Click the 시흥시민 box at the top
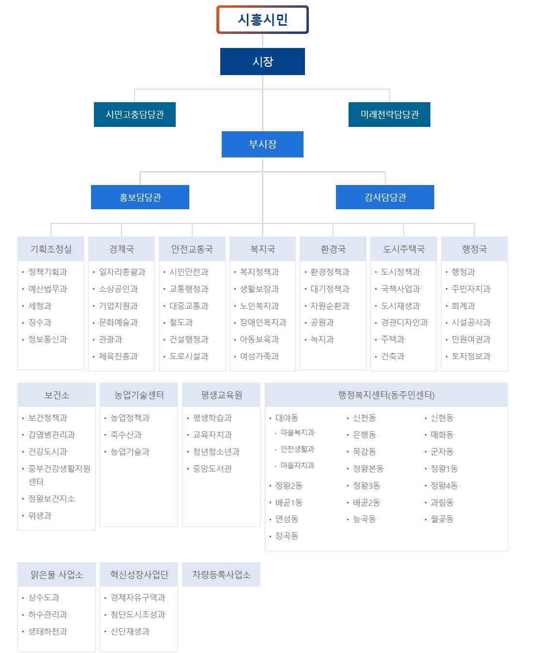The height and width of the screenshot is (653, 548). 262,19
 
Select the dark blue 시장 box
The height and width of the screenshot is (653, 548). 262,62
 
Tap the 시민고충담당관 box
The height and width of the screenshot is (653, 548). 135,114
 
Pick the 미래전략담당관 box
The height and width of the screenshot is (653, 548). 389,114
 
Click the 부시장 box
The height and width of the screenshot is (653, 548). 262,144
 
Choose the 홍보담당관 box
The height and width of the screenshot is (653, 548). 140,197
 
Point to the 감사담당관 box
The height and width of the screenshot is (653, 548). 385,197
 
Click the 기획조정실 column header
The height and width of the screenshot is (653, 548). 51,249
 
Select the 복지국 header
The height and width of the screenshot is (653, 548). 262,249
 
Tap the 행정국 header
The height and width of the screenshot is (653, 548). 474,249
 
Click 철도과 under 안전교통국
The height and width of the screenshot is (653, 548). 181,323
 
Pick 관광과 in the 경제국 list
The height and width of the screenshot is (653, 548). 110,340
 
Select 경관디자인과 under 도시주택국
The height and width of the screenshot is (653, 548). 404,323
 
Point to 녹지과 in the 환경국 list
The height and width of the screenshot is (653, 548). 322,340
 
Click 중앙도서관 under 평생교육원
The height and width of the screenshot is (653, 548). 212,469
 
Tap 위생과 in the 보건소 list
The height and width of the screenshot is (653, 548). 40,516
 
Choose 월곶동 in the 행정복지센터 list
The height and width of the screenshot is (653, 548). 442,519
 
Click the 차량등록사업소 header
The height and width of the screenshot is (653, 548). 221,575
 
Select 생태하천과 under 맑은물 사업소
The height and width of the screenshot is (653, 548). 47,632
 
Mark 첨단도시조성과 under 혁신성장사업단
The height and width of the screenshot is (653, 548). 138,615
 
